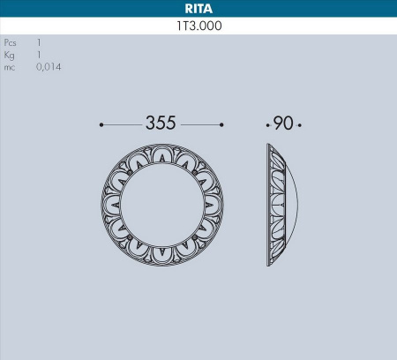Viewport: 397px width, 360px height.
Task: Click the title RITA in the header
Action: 198,10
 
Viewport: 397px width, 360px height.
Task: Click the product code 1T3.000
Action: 198,26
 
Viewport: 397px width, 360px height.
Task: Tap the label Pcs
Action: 11,42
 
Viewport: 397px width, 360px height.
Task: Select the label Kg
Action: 10,55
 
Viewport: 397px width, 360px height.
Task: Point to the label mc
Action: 10,67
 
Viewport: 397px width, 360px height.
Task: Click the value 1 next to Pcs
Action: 39,42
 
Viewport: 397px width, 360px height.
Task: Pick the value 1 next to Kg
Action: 39,55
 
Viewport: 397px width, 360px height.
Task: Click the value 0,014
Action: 49,67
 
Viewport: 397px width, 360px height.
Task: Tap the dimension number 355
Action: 161,124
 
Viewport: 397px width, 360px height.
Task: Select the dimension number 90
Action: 282,124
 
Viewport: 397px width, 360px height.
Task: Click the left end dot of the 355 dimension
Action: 101,124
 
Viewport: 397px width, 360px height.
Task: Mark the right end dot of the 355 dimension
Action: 221,124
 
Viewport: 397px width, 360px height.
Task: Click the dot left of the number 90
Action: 268,124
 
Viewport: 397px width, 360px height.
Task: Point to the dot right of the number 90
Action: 300,124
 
